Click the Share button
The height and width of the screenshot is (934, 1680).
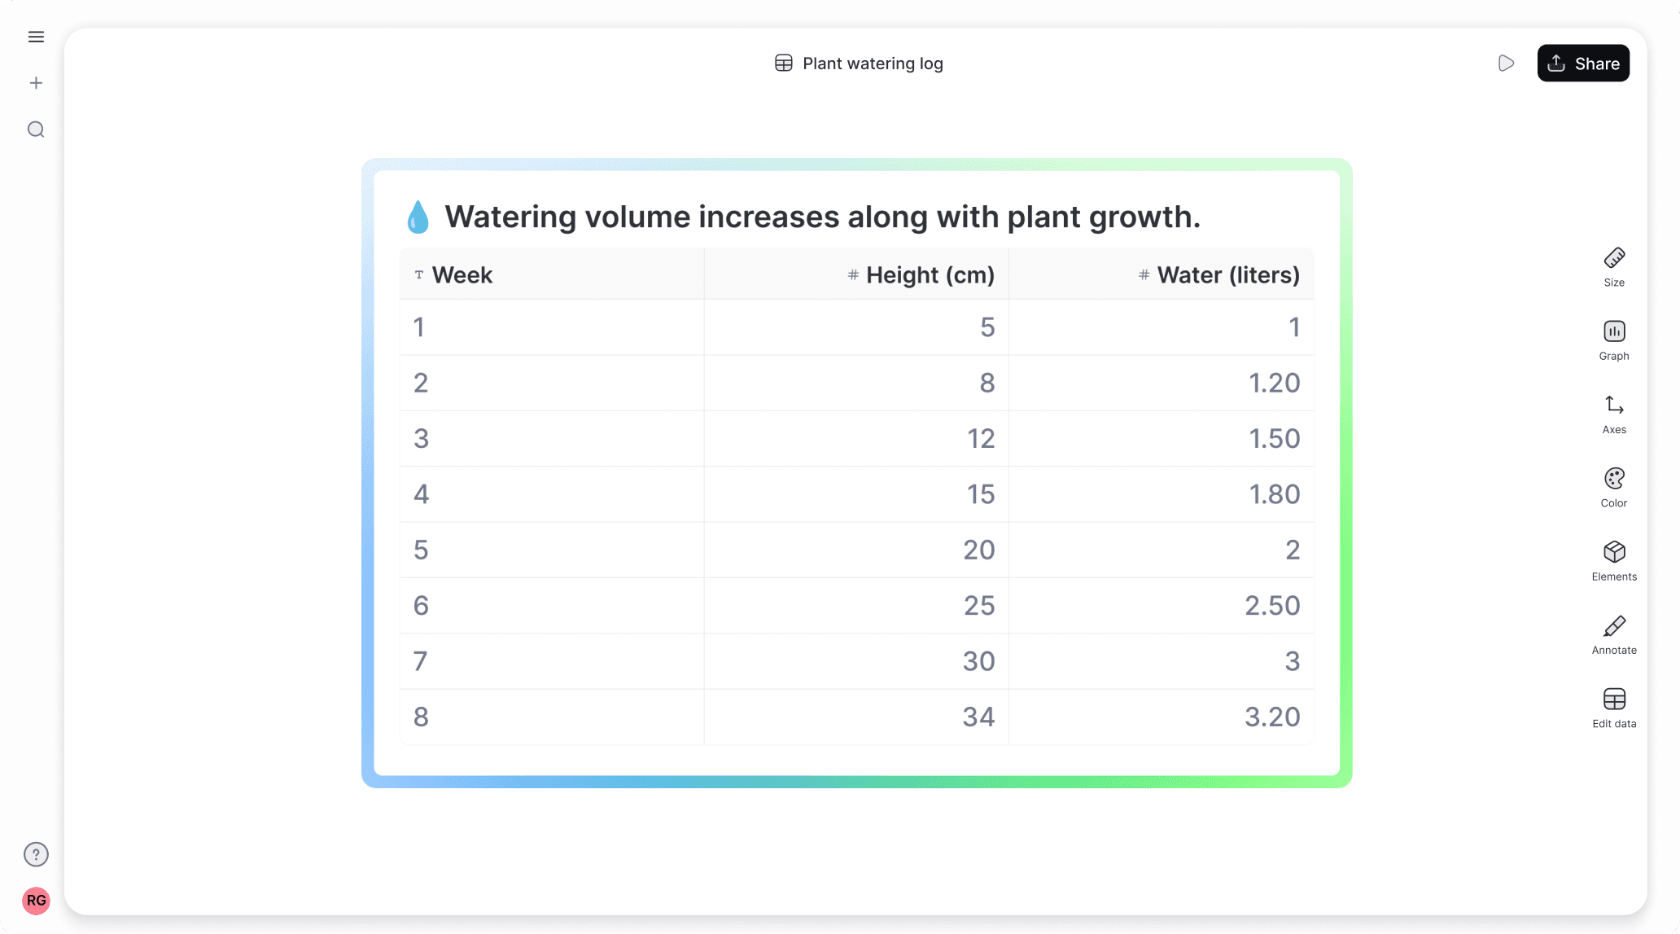coord(1582,64)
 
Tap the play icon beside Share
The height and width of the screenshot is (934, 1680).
coord(1506,64)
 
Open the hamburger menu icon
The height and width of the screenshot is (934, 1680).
coord(36,37)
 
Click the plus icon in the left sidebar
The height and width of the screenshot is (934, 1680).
coord(36,83)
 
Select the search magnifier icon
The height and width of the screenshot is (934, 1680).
coord(36,129)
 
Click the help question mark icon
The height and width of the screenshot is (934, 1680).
coord(36,854)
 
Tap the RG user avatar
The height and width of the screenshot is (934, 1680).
coord(36,901)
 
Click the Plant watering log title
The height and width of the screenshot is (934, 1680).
coord(872,64)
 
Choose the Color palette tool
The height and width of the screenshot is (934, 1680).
coord(1614,487)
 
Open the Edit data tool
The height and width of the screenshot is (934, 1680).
coord(1614,707)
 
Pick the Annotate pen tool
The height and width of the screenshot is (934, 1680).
coord(1614,634)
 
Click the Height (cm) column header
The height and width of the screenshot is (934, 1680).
coord(930,275)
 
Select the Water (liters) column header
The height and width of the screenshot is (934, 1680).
coord(1227,275)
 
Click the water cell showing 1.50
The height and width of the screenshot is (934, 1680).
coord(1274,439)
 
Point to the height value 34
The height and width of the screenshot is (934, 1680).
coord(978,717)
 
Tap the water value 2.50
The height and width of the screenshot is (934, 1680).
coord(1272,606)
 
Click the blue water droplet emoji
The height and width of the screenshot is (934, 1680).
coord(418,217)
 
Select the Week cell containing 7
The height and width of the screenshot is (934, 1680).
coord(421,661)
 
